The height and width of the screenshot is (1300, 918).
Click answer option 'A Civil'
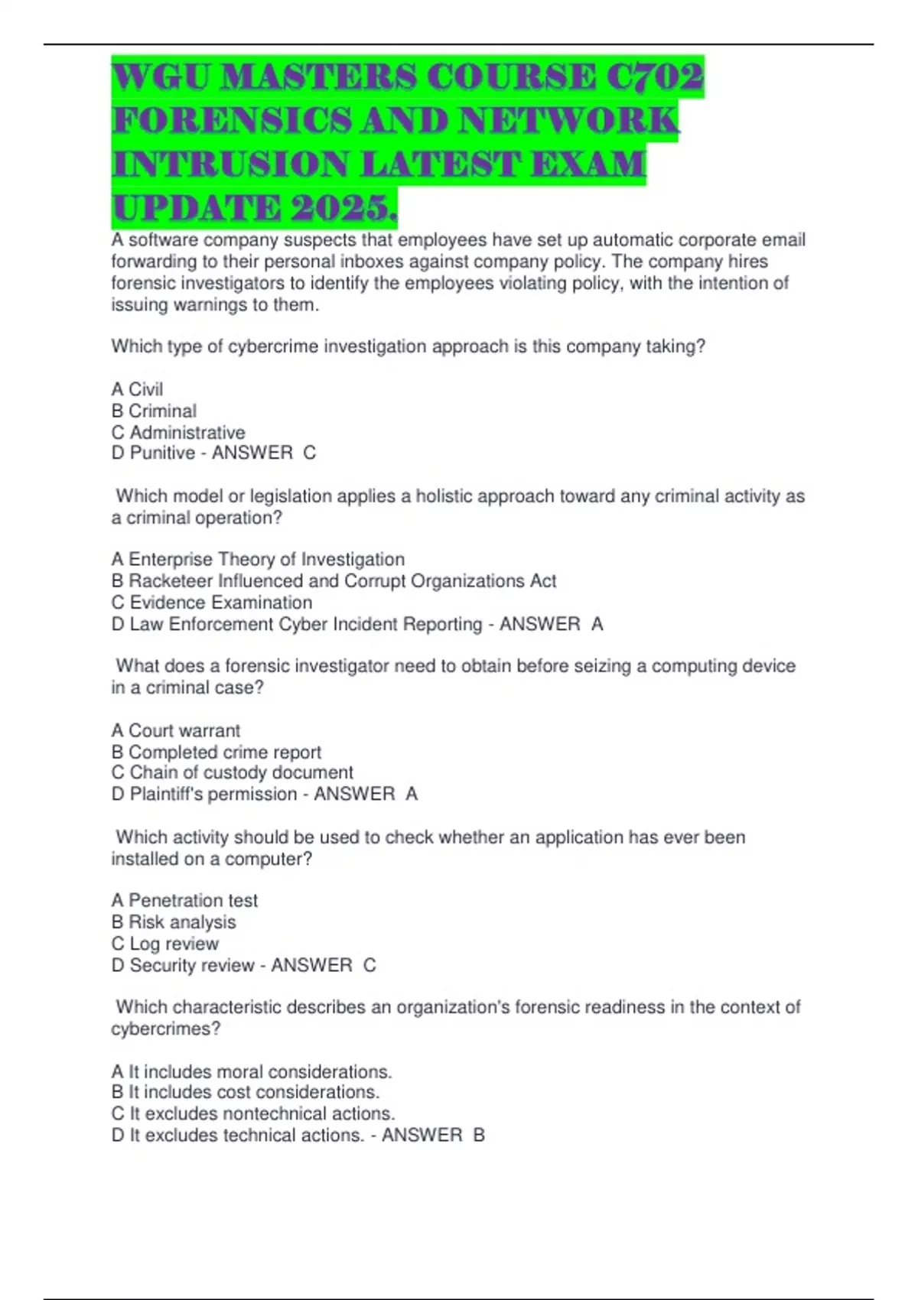(x=137, y=389)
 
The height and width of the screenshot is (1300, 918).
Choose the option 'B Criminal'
(x=154, y=411)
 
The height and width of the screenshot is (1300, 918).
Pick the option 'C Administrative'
(x=178, y=432)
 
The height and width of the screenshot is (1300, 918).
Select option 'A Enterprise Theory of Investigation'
(x=258, y=559)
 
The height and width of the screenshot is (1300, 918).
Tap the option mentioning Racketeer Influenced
(x=334, y=580)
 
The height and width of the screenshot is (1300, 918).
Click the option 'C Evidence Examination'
(x=212, y=602)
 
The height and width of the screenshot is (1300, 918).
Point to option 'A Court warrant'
(x=176, y=730)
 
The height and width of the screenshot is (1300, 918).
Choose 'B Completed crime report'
(x=216, y=752)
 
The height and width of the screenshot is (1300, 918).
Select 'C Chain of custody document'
(x=233, y=772)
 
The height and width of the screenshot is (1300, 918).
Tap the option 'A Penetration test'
(x=184, y=900)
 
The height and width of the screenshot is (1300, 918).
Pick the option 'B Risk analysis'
(x=174, y=921)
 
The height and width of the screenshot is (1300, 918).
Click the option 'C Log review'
(x=165, y=943)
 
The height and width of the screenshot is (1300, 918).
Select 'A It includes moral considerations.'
(x=252, y=1071)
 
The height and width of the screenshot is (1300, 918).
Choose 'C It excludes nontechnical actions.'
(x=253, y=1113)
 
